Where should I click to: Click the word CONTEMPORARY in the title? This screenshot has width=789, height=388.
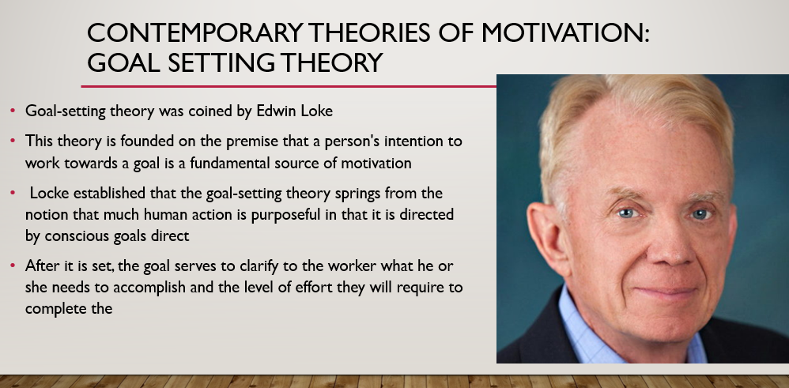(194, 32)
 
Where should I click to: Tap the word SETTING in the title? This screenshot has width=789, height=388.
(221, 63)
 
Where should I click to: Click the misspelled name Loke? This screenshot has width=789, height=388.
(316, 111)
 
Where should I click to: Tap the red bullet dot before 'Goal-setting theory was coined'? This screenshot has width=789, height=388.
(13, 110)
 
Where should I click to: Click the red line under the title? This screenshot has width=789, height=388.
(289, 87)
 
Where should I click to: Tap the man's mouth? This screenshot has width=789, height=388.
(665, 292)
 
